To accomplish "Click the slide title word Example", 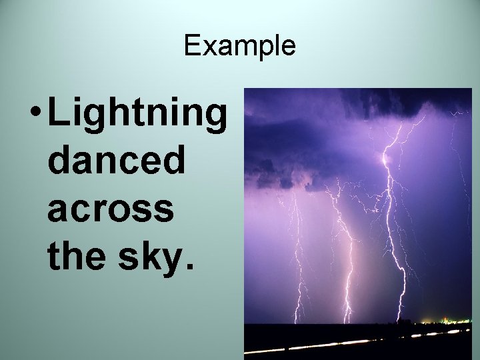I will click(x=239, y=46).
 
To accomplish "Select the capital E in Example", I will click(x=191, y=46).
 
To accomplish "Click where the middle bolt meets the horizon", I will click(x=346, y=322).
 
